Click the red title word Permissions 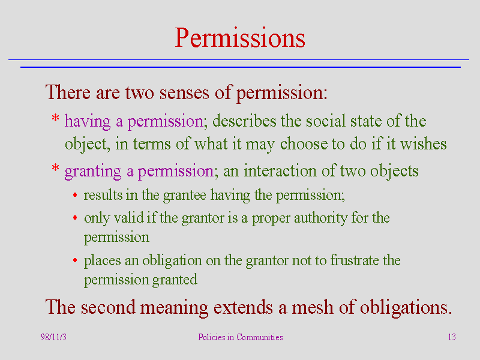240,38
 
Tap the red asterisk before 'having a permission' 55,118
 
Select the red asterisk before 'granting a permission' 55,168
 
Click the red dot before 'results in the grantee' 75,195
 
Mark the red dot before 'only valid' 75,218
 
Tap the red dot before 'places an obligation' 75,260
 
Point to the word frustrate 355,260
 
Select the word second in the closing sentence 108,307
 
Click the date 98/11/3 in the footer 53,337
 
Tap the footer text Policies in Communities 241,337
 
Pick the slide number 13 452,337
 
